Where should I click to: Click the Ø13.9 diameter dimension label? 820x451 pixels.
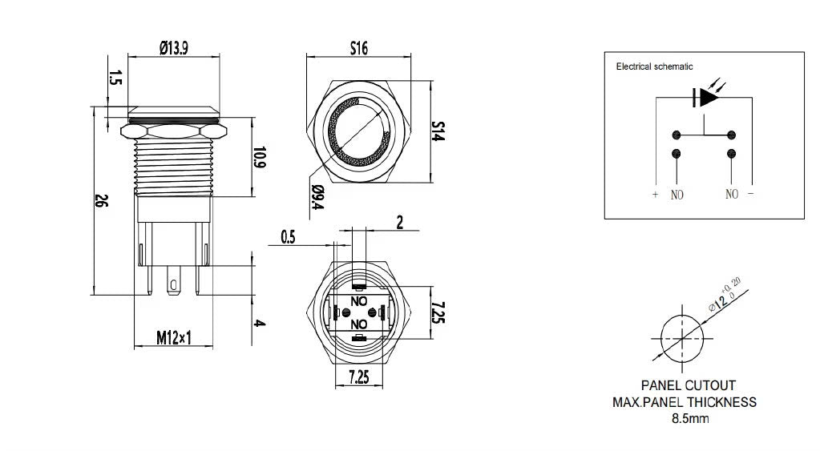tap(173, 49)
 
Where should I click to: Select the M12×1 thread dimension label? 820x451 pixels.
tap(174, 339)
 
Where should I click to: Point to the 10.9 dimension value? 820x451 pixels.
tap(259, 158)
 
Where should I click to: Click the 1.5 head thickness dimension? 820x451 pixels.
tap(114, 78)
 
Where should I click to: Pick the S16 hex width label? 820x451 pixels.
tap(358, 49)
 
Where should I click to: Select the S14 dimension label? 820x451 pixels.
tap(438, 131)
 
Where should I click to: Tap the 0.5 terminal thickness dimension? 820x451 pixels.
tap(289, 236)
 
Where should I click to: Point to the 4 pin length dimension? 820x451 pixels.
tap(259, 323)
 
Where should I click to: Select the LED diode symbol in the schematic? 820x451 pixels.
tap(706, 97)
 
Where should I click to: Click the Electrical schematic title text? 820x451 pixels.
tap(654, 67)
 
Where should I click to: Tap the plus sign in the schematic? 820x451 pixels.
tap(655, 194)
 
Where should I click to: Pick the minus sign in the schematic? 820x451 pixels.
tap(751, 194)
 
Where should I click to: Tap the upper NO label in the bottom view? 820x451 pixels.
tap(359, 303)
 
